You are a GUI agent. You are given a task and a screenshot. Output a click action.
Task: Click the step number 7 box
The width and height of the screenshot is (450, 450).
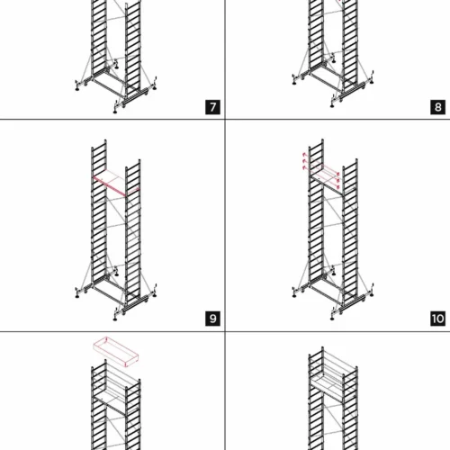click(x=212, y=107)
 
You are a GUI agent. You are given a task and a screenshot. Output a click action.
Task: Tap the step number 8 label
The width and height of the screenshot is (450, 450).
click(x=437, y=107)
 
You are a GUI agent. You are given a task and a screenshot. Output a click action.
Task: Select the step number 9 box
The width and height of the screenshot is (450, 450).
click(x=212, y=319)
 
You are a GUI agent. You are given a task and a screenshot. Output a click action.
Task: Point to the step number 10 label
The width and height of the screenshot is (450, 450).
click(x=437, y=319)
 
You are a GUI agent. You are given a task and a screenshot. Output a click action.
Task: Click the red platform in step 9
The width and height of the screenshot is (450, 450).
click(x=116, y=184)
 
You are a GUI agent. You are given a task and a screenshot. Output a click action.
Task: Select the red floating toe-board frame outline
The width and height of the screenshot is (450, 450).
click(x=116, y=352)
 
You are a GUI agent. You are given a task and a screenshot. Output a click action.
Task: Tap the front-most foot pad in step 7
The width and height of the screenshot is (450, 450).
click(x=115, y=112)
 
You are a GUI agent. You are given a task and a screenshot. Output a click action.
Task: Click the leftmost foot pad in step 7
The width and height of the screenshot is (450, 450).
click(x=77, y=88)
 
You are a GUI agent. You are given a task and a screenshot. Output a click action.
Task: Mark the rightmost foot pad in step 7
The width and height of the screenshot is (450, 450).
click(x=155, y=87)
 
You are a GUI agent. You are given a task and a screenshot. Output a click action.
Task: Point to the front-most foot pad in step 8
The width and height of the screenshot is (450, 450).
click(x=332, y=105)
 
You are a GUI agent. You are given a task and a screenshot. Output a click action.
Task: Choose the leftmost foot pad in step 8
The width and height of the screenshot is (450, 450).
click(x=294, y=83)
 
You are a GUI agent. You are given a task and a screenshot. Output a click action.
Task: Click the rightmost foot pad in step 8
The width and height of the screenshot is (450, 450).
click(x=372, y=82)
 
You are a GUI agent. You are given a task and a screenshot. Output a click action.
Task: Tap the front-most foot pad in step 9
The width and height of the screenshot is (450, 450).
click(x=115, y=319)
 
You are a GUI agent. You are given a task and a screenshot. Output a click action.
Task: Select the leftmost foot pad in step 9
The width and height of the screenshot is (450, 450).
click(x=77, y=296)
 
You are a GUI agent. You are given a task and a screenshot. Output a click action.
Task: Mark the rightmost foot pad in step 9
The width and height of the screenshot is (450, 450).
click(x=155, y=295)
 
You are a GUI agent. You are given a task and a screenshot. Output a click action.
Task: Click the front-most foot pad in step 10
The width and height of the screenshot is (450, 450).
click(x=332, y=319)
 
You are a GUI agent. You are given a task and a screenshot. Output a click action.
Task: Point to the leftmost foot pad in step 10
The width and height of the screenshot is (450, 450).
click(x=294, y=296)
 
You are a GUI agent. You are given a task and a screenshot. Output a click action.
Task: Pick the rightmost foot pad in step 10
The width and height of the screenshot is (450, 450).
click(x=372, y=294)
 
